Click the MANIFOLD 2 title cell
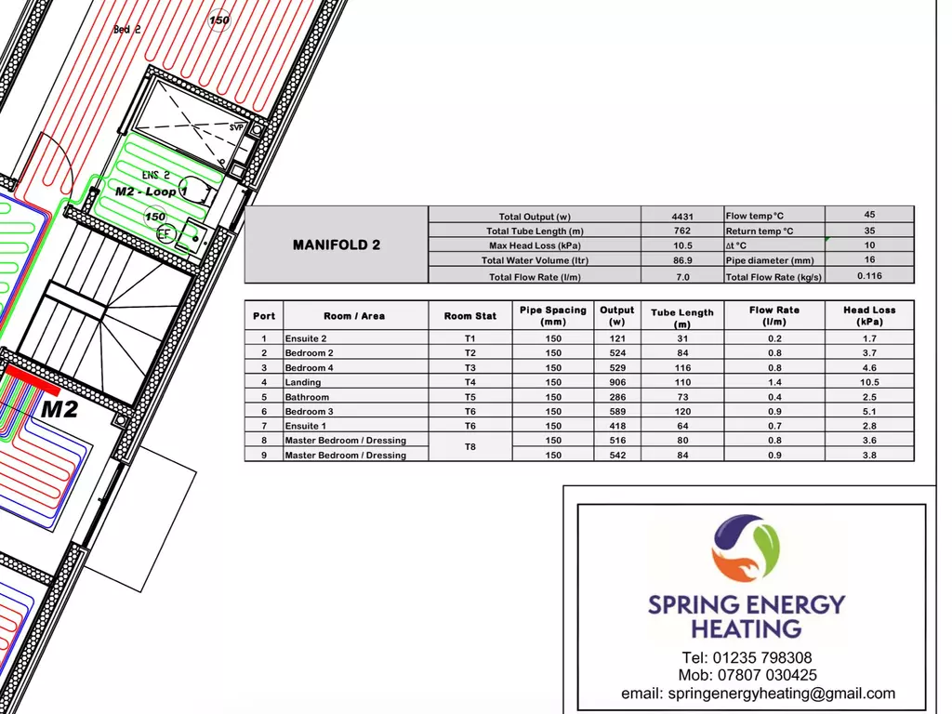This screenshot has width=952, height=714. [337, 245]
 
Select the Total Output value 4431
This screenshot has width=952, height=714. [682, 216]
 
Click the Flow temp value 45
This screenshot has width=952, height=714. [869, 215]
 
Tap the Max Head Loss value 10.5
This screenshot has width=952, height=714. [682, 245]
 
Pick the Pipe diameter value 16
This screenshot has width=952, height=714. [869, 259]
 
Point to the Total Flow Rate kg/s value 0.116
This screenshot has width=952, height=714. [869, 275]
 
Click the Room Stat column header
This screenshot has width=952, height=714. [469, 316]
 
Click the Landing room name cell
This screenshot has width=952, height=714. [303, 382]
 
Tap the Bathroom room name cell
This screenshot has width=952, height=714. [307, 397]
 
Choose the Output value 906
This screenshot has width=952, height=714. [617, 382]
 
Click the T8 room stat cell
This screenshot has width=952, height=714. [469, 447]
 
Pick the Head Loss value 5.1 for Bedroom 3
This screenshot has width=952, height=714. [869, 411]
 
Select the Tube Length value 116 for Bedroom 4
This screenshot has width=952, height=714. [682, 367]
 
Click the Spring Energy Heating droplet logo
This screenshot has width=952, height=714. [746, 549]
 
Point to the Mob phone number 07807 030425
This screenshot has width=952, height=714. [767, 675]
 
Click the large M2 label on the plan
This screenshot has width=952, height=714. [59, 409]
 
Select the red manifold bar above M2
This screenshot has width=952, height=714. [33, 380]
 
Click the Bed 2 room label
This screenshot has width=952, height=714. [126, 29]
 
